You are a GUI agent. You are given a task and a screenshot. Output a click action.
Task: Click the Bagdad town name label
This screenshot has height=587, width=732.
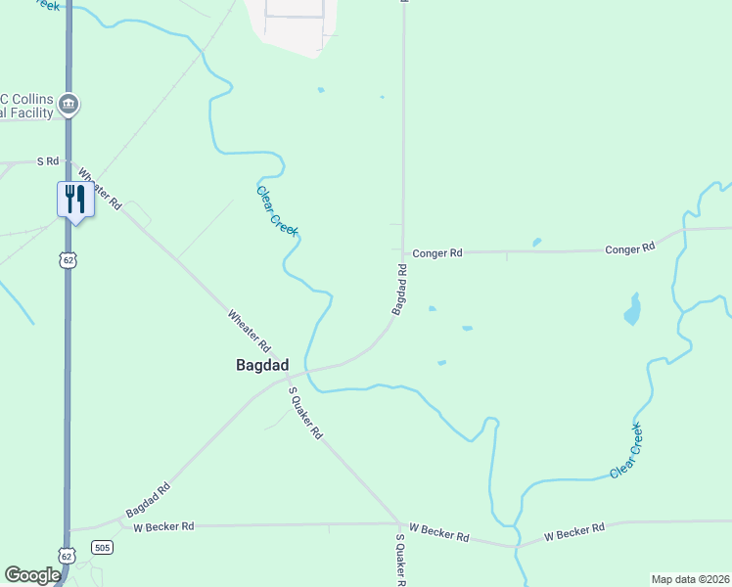tap(262, 365)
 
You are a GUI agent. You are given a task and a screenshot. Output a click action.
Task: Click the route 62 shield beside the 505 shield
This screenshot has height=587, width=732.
tap(65, 555)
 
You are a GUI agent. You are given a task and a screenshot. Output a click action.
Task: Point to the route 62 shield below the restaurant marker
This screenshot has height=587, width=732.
tap(66, 259)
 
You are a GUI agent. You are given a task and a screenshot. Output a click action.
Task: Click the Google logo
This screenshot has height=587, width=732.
tap(32, 575)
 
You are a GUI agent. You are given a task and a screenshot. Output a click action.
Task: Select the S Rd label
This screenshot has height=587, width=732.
tap(48, 160)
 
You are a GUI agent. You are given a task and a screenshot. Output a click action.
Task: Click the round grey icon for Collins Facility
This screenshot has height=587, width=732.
tap(69, 104)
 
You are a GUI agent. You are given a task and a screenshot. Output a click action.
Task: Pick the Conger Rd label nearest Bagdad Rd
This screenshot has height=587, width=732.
tap(436, 252)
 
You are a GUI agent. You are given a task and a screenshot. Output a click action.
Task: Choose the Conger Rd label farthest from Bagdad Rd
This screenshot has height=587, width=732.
tap(629, 248)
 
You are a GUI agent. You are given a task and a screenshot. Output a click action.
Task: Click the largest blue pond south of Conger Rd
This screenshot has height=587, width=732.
tap(633, 310)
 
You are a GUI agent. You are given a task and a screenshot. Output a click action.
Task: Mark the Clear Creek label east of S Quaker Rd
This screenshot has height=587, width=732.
tap(627, 451)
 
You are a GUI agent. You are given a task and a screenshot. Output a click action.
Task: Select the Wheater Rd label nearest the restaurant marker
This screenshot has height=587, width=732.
tap(100, 189)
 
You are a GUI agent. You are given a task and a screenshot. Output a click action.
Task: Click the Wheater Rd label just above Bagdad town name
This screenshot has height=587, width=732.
tap(249, 331)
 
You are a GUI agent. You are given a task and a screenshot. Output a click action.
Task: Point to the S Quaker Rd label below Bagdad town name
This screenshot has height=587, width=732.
tap(304, 411)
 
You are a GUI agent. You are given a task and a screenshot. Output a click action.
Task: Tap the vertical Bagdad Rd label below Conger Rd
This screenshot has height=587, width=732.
tap(400, 289)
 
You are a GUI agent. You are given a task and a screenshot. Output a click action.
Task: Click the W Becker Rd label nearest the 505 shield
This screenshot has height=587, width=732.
tap(163, 525)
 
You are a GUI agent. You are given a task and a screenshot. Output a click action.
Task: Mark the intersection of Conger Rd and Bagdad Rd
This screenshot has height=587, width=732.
tap(403, 252)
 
